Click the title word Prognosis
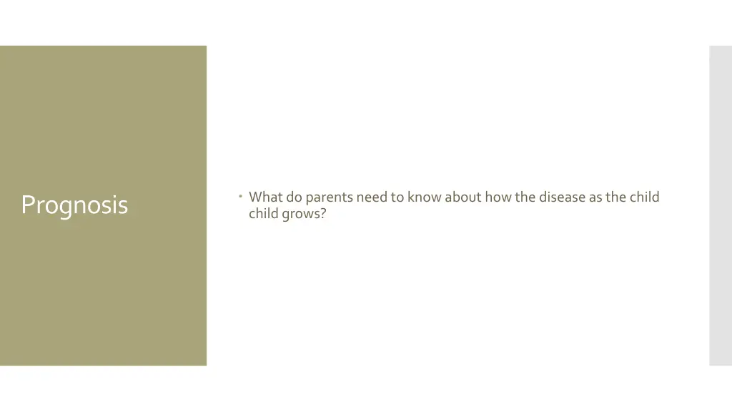coord(74,205)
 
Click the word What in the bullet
coord(266,197)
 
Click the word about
coord(463,197)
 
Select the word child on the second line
coord(263,213)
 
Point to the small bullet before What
coord(242,195)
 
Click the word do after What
coord(295,197)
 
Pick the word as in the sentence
coord(596,197)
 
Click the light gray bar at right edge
coord(720,205)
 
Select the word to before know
coord(397,197)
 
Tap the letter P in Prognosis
coord(27,205)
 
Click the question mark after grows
coord(323,213)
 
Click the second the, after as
coord(616,197)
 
